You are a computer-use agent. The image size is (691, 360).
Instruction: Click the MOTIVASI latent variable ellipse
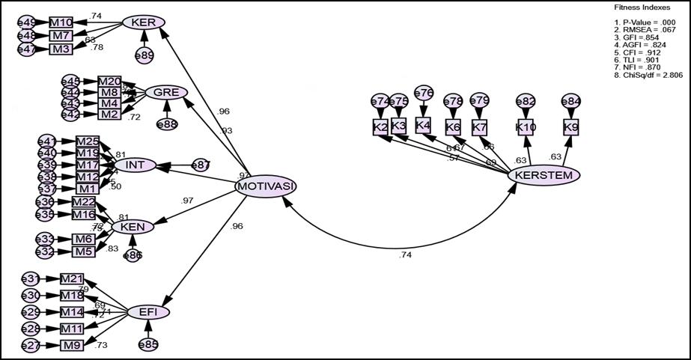click(x=266, y=186)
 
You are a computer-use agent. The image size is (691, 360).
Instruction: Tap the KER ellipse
click(x=143, y=22)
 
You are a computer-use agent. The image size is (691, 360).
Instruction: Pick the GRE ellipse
click(x=165, y=93)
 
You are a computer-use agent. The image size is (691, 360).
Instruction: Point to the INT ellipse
click(x=135, y=165)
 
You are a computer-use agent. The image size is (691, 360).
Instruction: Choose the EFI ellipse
click(x=147, y=312)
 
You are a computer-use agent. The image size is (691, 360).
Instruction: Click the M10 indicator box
click(x=61, y=22)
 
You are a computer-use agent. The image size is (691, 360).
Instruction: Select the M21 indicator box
click(x=72, y=278)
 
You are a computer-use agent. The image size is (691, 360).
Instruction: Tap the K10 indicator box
click(x=526, y=127)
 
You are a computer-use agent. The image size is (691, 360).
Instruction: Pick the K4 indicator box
click(x=423, y=125)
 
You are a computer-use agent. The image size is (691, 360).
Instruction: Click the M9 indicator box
click(x=72, y=345)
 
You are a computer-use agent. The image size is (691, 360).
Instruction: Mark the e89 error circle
click(x=144, y=55)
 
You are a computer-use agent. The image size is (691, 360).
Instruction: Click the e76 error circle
click(x=423, y=94)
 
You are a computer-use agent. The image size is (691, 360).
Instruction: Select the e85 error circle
click(x=148, y=345)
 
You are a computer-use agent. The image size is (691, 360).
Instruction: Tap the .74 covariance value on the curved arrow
click(x=405, y=255)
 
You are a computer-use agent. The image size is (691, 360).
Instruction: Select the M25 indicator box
click(x=87, y=141)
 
